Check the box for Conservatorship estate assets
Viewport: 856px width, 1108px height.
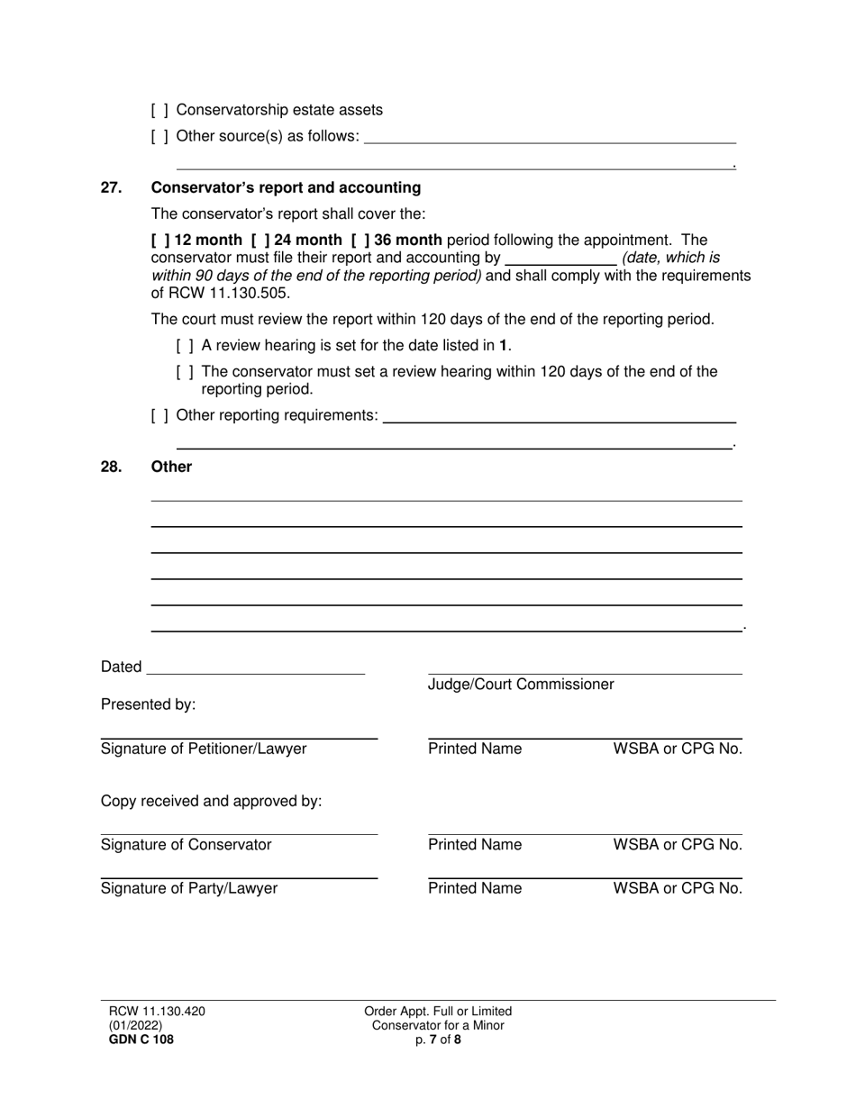(159, 110)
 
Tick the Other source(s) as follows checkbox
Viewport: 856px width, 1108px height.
(159, 137)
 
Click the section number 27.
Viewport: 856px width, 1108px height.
(111, 187)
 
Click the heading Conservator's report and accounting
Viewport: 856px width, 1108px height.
(286, 187)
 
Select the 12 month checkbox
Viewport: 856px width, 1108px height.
(161, 240)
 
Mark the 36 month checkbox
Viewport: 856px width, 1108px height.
(360, 240)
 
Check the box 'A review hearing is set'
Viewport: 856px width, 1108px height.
(185, 345)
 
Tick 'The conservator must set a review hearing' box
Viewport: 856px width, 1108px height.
(185, 371)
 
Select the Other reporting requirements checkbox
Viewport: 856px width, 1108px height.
(159, 415)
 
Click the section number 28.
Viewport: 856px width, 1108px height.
(111, 467)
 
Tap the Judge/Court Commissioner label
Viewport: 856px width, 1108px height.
(521, 685)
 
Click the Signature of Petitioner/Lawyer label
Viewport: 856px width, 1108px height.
(204, 749)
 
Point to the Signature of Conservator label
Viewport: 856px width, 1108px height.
(186, 845)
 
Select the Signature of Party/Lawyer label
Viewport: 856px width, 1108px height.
(189, 889)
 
